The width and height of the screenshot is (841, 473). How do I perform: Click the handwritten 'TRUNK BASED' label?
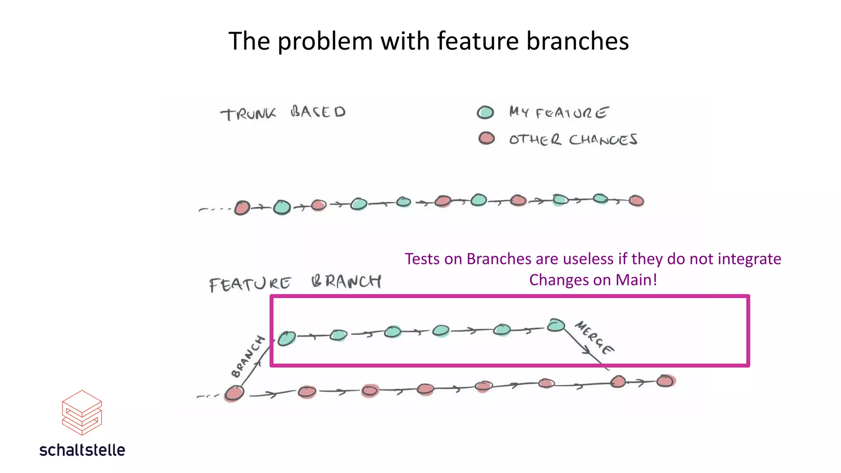pos(283,113)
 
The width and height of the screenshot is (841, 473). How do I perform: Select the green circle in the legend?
pos(485,113)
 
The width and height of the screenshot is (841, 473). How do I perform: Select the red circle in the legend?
pos(487,138)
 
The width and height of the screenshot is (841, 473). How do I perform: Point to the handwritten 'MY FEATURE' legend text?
pos(558,112)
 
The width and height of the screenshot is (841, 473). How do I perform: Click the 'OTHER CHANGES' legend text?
pos(573,140)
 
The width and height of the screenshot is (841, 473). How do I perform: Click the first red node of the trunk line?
pos(242,208)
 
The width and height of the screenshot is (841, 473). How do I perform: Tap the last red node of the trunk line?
pos(636,201)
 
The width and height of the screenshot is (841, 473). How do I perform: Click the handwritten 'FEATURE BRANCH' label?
pos(295,283)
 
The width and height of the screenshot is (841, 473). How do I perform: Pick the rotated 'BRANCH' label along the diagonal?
pos(248,356)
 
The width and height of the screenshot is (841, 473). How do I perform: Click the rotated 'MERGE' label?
pos(594,338)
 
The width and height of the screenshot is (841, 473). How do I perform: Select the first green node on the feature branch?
pos(286,338)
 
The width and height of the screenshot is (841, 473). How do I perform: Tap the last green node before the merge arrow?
pos(556,325)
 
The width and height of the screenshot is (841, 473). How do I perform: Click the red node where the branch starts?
pos(234,393)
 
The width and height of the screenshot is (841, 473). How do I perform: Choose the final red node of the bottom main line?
pos(665,381)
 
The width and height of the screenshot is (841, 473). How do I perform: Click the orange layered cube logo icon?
pos(82,412)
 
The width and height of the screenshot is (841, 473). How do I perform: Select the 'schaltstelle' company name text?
pos(82,450)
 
